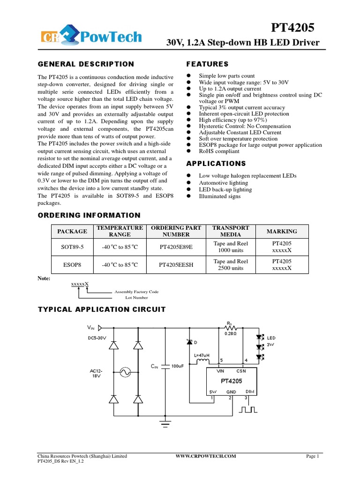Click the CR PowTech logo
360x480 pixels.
point(90,37)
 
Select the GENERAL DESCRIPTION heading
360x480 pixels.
point(86,64)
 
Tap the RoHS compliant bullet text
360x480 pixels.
point(219,151)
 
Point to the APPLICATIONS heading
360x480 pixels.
point(216,164)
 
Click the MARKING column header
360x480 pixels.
point(282,231)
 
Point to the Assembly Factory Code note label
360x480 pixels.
point(136,292)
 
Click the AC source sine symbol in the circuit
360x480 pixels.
point(125,372)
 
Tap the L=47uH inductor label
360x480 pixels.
point(202,355)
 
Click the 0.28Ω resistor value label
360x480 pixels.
point(230,334)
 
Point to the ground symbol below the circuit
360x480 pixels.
point(165,424)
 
